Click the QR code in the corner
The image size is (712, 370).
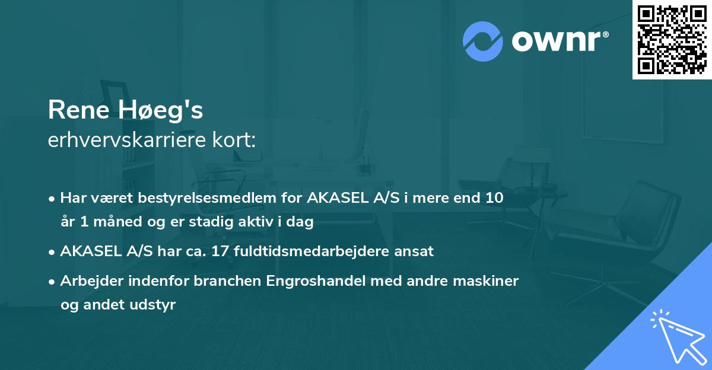tap(672, 40)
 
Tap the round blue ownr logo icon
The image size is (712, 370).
tap(482, 41)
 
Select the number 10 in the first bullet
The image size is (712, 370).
tap(494, 198)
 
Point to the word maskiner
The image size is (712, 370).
tap(489, 281)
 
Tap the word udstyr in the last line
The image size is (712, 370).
tap(156, 305)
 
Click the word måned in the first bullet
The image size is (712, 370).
tap(109, 222)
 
